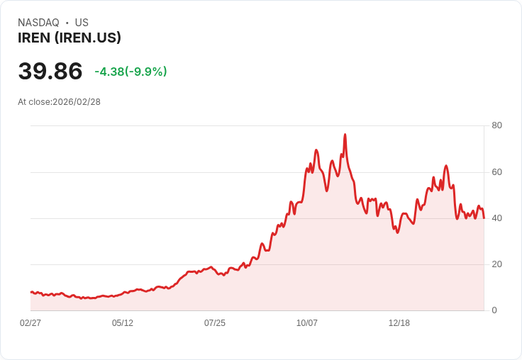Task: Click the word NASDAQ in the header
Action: coord(38,23)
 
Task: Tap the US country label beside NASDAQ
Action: coord(82,23)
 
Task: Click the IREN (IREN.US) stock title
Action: coord(70,38)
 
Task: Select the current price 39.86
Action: coord(50,71)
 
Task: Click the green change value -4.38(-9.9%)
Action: coord(130,72)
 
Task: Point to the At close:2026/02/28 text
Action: coord(59,102)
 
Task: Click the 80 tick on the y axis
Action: coord(496,125)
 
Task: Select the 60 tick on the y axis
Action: coord(496,171)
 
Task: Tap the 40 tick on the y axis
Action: coord(496,218)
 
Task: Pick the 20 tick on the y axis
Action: coord(496,264)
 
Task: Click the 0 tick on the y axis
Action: coord(494,310)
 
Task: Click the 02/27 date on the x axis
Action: coord(30,323)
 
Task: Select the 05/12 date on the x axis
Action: coord(123,323)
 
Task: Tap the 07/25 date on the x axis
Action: coord(215,323)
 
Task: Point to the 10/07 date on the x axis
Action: coord(307,323)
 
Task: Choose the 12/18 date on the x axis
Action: coord(399,323)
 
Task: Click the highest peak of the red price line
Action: coord(345,134)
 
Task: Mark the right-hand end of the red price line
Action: coord(484,218)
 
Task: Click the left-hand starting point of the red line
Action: coord(30,292)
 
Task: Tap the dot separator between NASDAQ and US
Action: coord(67,23)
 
